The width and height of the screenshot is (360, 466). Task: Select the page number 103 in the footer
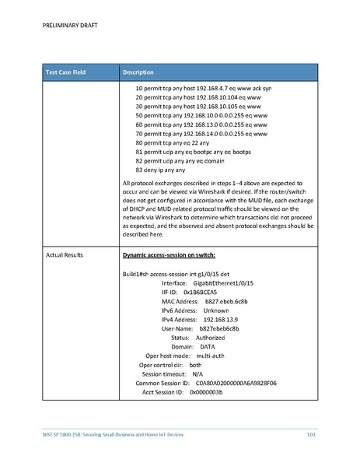tap(311, 433)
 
